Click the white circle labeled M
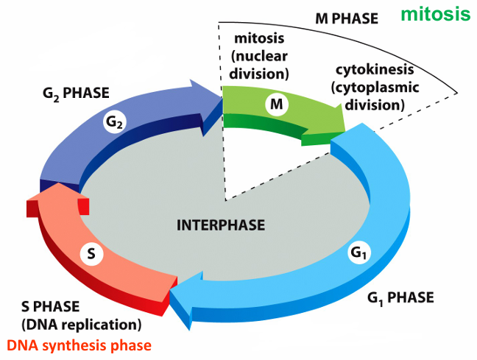pyautogui.click(x=277, y=105)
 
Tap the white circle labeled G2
pyautogui.click(x=114, y=122)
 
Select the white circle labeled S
pyautogui.click(x=91, y=254)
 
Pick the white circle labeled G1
pyautogui.click(x=359, y=253)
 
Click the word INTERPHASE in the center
pyautogui.click(x=221, y=225)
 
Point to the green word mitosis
pyautogui.click(x=436, y=14)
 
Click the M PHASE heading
pyautogui.click(x=347, y=19)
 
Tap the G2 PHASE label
pyautogui.click(x=76, y=93)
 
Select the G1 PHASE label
pyautogui.click(x=400, y=298)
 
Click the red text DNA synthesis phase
pyautogui.click(x=79, y=345)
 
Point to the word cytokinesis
pyautogui.click(x=375, y=70)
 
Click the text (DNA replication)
pyautogui.click(x=81, y=325)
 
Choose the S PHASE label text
pyautogui.click(x=51, y=306)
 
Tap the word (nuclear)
pyautogui.click(x=260, y=56)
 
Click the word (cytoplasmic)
pyautogui.click(x=375, y=88)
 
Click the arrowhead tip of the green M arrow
pyautogui.click(x=344, y=131)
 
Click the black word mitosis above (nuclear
pyautogui.click(x=260, y=38)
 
